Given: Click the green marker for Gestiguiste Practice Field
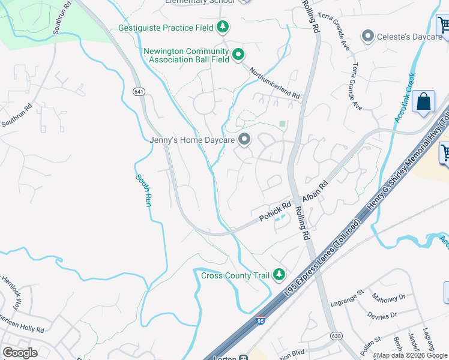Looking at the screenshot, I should coord(223,27).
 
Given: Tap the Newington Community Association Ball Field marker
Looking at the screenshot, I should coord(238,55).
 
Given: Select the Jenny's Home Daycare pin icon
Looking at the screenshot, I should coord(244,140).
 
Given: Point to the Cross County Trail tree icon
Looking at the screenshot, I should coord(279,275).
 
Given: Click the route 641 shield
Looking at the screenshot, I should coord(139,92).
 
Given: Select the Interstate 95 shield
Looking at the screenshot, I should coord(261,321).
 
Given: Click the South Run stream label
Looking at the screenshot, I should coord(142,190).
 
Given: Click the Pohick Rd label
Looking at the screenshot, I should coord(271,211).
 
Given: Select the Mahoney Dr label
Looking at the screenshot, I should coord(388,298).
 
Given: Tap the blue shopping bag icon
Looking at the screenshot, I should coord(424,103).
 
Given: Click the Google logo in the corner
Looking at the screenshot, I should coord(20,352).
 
